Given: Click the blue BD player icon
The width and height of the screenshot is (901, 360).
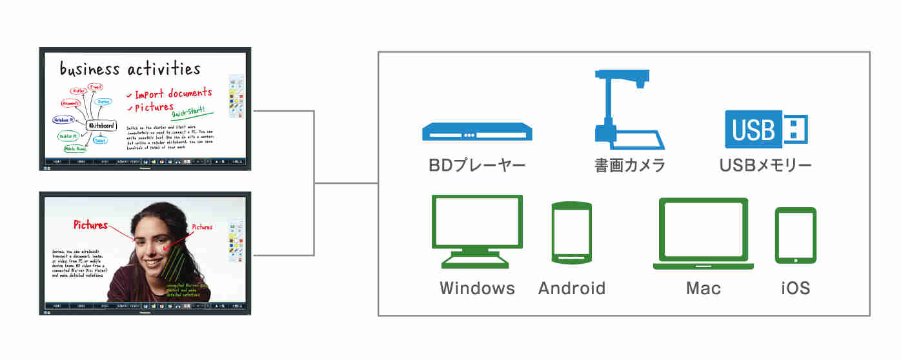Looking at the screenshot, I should pos(478,133).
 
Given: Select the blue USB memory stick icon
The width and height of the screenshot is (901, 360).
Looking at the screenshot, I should pos(766,127).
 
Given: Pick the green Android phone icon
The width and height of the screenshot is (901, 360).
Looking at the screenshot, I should pos(572,233).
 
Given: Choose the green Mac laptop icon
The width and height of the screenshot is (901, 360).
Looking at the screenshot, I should pos(703,234).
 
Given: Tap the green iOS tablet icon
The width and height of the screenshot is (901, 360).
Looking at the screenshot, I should pos(795,235).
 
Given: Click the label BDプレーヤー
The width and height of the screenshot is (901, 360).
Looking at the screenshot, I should pos(478,166).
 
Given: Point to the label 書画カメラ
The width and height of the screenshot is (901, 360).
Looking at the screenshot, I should pos(629,166).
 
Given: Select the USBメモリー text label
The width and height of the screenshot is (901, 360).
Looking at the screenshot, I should pos(765,166).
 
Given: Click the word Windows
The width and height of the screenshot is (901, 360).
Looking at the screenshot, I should pos(478,288).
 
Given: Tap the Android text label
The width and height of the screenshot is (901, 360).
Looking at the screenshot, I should pos(572,288).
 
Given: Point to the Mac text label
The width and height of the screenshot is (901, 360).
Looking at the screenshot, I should pos(703,288).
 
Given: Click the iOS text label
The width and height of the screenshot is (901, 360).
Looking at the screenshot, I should pos(795,288).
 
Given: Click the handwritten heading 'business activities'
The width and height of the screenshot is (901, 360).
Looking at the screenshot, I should pos(130,68).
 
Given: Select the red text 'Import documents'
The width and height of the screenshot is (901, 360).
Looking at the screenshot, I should pos(172,94).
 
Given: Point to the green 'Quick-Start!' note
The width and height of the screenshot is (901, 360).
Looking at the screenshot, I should pos(188,114).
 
